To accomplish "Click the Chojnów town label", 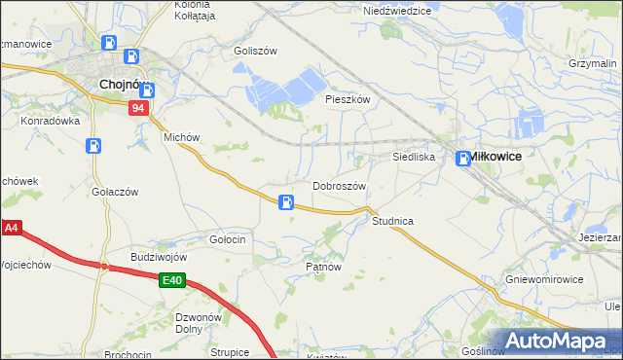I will click(124, 85).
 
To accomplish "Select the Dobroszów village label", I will click(339, 186).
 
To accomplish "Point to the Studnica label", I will click(392, 221).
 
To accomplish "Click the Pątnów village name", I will click(322, 265).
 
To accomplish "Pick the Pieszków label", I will click(348, 99).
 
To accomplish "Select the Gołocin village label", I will click(227, 238).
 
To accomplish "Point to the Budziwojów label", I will click(159, 257).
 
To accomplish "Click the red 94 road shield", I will click(139, 109).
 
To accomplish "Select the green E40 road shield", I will click(172, 281).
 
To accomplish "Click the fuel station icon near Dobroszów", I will click(286, 202).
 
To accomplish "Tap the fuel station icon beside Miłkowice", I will click(464, 160).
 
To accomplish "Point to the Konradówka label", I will click(50, 122).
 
